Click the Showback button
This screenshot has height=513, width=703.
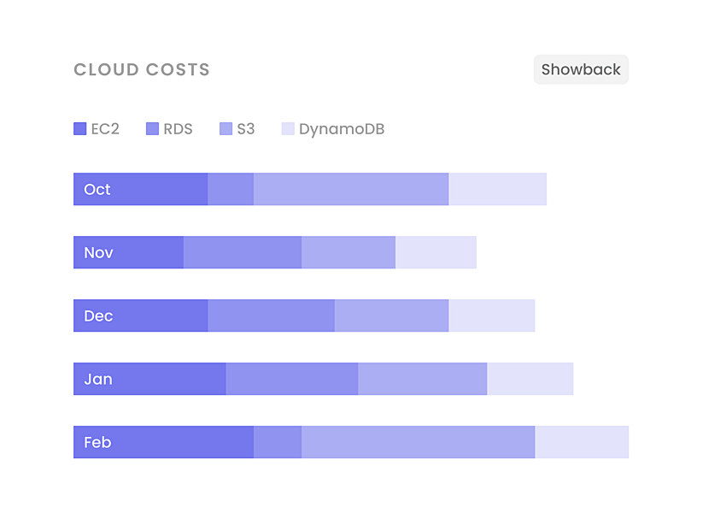(581, 70)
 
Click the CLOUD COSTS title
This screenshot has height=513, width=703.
(142, 70)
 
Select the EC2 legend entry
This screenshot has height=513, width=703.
(97, 129)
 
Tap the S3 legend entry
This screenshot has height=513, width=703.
(237, 129)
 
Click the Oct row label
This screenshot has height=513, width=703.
(97, 189)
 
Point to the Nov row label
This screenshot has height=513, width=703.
(98, 252)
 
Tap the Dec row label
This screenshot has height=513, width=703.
(98, 315)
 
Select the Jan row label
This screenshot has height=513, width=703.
(98, 379)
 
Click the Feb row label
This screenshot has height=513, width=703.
(97, 442)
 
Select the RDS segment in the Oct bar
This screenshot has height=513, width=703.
(231, 189)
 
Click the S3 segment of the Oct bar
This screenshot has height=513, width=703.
(351, 189)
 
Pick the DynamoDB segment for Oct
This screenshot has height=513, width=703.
(497, 189)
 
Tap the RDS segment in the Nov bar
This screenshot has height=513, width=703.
(243, 252)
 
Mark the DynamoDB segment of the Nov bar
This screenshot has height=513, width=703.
(436, 252)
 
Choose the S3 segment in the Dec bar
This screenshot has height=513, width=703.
(391, 315)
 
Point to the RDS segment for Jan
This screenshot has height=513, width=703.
(292, 379)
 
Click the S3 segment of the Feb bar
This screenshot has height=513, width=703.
(418, 442)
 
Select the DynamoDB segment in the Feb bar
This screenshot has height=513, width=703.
(582, 442)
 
